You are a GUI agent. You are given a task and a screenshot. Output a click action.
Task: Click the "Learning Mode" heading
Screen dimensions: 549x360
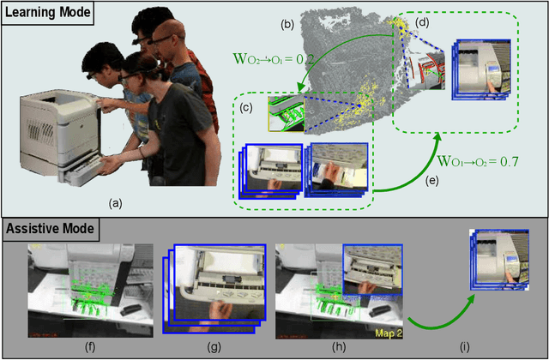47,13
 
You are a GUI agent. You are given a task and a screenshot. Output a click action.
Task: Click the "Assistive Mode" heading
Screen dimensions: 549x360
50,229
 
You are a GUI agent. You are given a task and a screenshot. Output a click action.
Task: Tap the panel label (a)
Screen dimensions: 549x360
116,203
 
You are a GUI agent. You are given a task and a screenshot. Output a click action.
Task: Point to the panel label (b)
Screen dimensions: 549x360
289,25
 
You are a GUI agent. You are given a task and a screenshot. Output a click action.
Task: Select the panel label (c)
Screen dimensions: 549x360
246,109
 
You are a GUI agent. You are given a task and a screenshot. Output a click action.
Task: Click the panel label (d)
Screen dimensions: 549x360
421,23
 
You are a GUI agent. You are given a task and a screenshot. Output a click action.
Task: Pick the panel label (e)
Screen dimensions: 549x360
431,181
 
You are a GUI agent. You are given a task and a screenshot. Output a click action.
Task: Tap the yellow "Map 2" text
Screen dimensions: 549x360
388,333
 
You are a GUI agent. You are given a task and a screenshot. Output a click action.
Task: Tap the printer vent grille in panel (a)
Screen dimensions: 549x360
40,130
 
